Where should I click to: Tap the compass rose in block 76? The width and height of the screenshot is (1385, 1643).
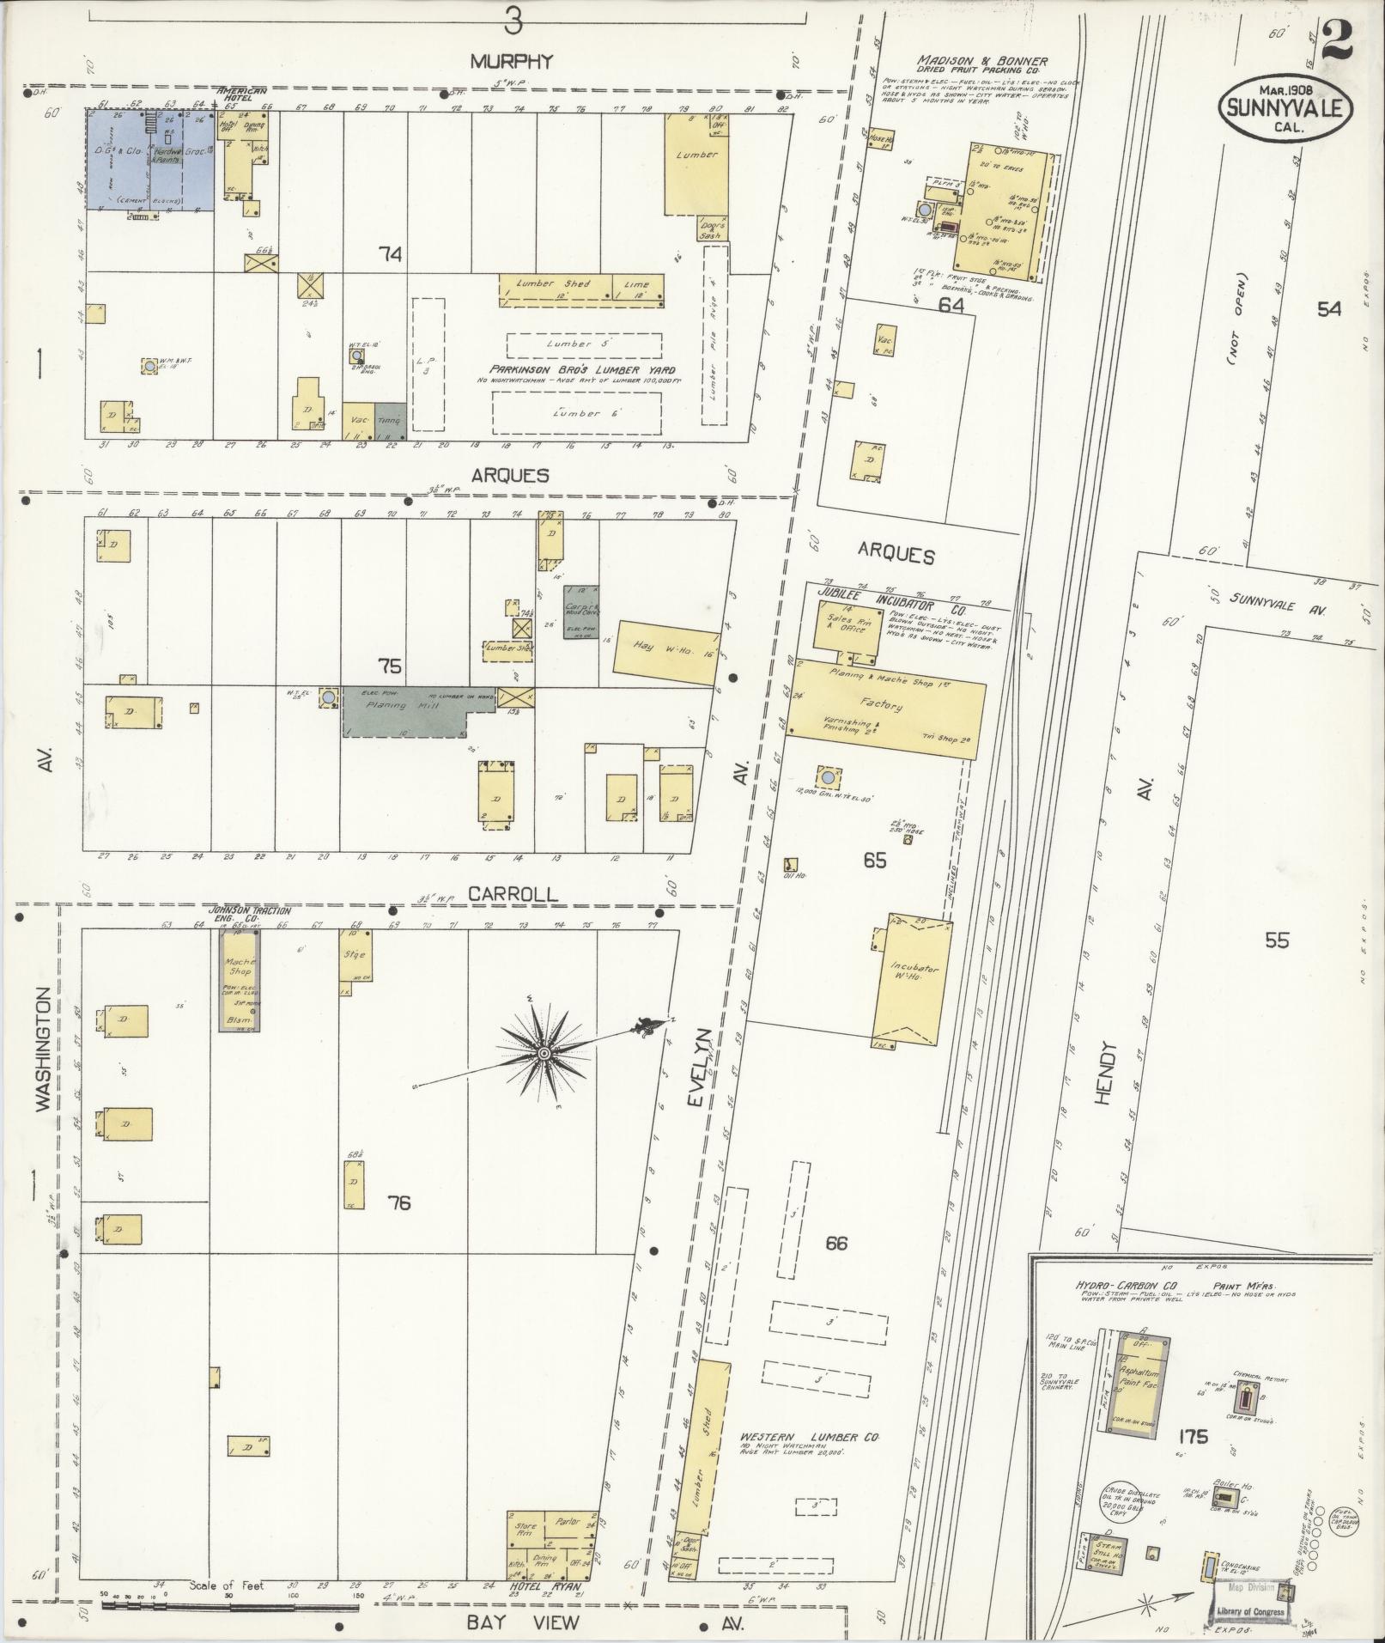point(543,1053)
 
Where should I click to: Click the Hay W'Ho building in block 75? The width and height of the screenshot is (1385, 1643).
point(666,653)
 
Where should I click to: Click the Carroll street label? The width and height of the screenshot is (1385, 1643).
point(512,893)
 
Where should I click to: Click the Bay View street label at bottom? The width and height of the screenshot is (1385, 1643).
point(511,1622)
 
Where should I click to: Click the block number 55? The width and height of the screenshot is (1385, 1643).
point(1276,940)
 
